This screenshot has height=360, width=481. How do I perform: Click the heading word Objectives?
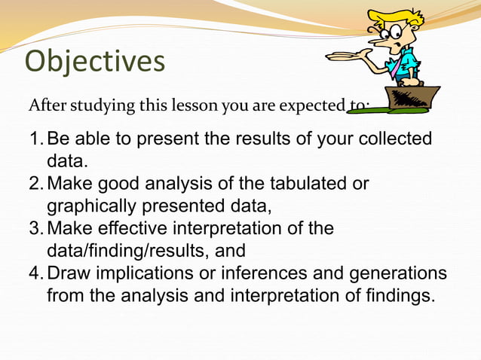point(94,62)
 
